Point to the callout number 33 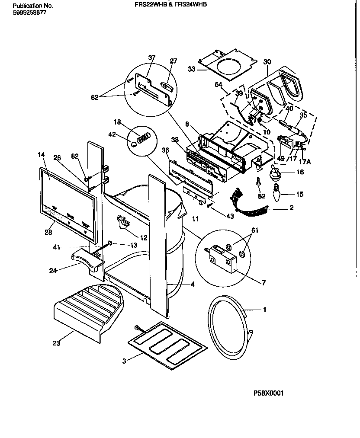pyautogui.click(x=192, y=69)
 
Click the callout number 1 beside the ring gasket pyautogui.click(x=264, y=310)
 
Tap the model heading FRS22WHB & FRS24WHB pyautogui.click(x=169, y=3)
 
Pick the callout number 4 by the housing pyautogui.click(x=192, y=285)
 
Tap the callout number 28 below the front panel pyautogui.click(x=48, y=232)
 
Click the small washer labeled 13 pyautogui.click(x=110, y=244)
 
